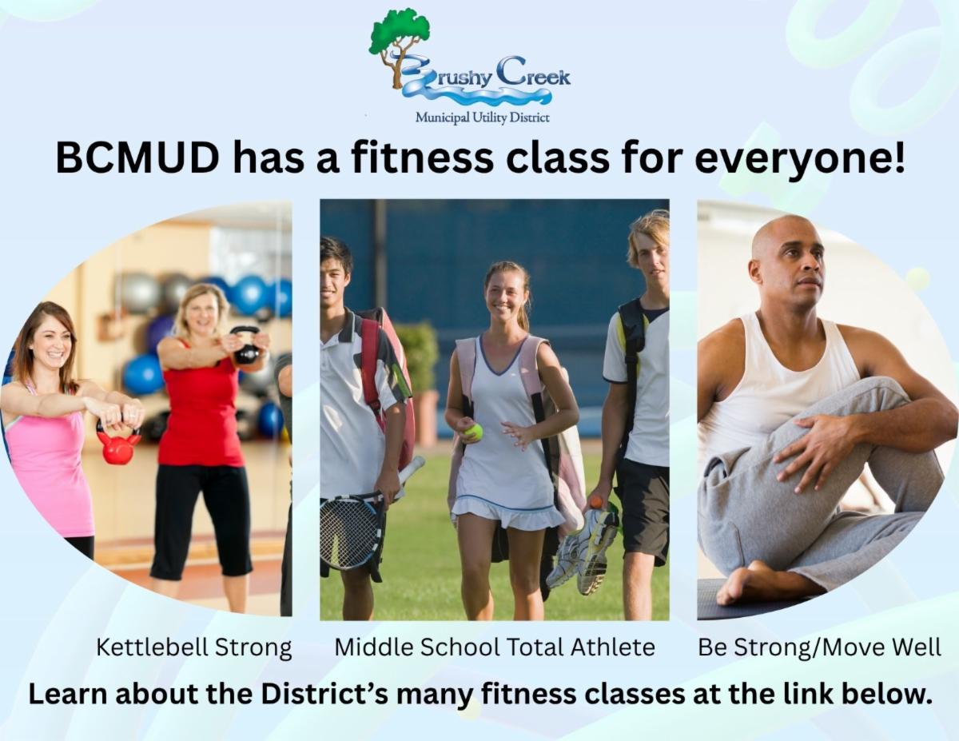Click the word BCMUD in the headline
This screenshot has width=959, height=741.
tap(137, 158)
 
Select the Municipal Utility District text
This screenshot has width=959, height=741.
tap(483, 118)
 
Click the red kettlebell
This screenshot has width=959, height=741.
tap(117, 446)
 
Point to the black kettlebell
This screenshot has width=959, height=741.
tap(246, 345)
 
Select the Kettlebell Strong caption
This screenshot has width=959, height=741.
tap(193, 648)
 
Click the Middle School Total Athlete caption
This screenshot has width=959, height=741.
tap(494, 647)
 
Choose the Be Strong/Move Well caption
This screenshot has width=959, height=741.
tap(819, 647)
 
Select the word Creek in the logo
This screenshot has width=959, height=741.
tap(534, 74)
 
